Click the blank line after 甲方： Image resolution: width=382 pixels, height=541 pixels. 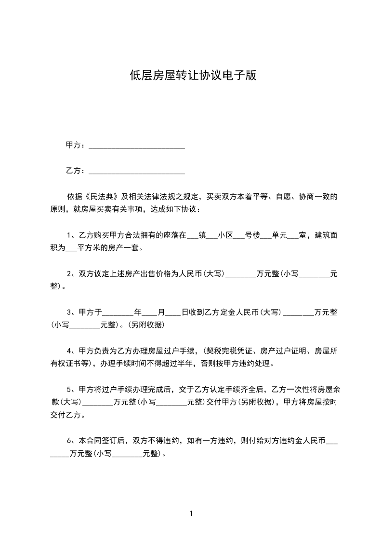click(137, 145)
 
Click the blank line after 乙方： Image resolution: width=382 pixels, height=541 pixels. click(137, 171)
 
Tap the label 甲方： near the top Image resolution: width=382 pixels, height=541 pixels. click(76, 145)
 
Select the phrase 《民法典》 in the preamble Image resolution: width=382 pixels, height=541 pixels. click(102, 197)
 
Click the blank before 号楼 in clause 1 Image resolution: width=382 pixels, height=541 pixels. click(239, 236)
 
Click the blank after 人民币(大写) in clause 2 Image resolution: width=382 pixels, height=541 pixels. click(241, 274)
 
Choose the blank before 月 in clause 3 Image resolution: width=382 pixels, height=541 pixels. click(150, 313)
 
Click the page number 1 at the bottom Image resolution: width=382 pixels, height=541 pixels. click(191, 514)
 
